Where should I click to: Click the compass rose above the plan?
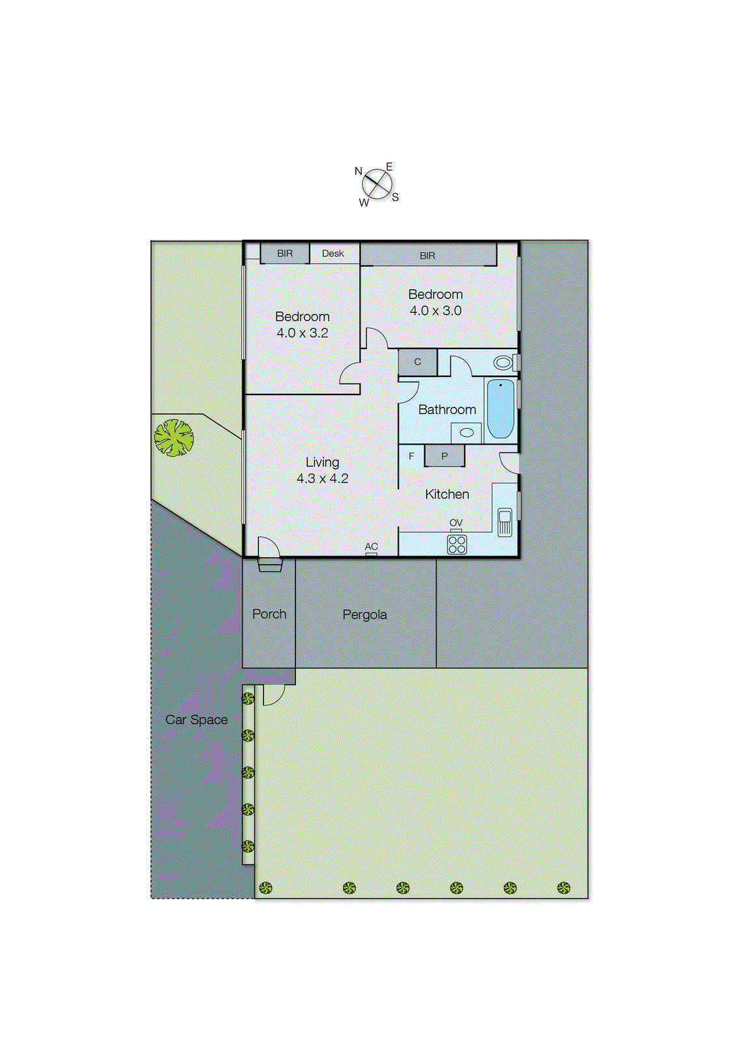[377, 185]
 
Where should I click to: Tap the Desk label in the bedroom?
[333, 253]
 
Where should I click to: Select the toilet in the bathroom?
[504, 362]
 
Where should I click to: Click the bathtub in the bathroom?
[500, 409]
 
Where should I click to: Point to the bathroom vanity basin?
[466, 432]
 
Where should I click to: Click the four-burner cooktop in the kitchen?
[457, 545]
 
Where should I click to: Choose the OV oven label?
[456, 523]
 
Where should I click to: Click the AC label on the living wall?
[371, 547]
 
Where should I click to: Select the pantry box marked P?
[445, 456]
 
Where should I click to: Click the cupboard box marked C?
[418, 362]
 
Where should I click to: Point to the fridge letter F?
[411, 456]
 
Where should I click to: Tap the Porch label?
[269, 614]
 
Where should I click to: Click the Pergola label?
[365, 615]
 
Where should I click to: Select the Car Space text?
[196, 720]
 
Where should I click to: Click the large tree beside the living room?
[174, 437]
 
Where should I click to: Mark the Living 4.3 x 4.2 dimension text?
[323, 478]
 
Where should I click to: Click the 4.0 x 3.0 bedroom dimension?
[435, 311]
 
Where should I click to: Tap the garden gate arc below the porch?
[273, 695]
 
